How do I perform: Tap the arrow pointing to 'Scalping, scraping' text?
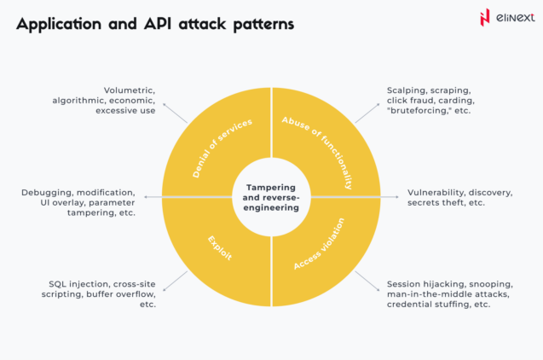pos(367,112)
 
